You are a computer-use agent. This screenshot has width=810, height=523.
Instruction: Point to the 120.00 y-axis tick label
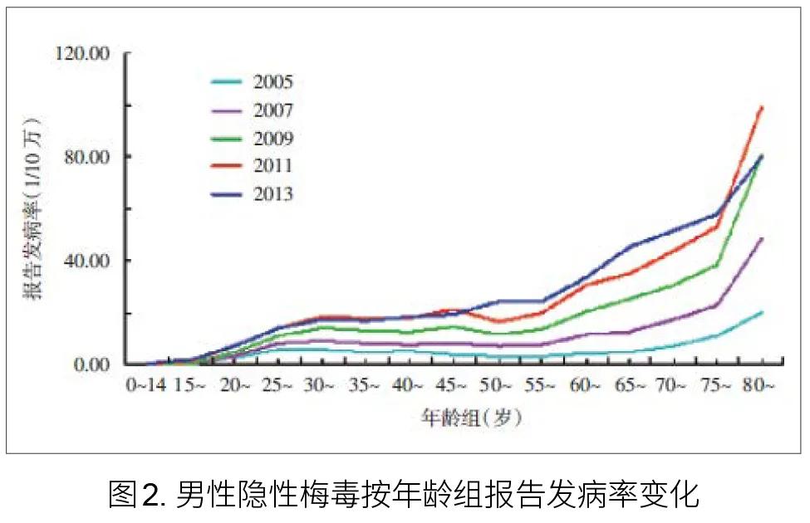point(81,54)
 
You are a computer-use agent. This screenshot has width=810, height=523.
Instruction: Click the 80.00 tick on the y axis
point(86,157)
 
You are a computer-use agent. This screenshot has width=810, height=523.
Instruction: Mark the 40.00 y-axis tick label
point(86,261)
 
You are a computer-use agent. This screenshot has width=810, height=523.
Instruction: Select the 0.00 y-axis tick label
point(90,364)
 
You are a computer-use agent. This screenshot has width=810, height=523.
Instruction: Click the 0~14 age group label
point(146,385)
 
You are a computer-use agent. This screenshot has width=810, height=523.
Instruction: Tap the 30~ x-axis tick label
point(320,385)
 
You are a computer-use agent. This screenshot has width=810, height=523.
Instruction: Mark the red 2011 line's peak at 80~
point(761,107)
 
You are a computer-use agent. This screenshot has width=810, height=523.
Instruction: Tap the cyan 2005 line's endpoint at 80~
point(761,312)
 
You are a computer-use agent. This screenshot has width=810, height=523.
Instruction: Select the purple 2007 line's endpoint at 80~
point(761,239)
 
